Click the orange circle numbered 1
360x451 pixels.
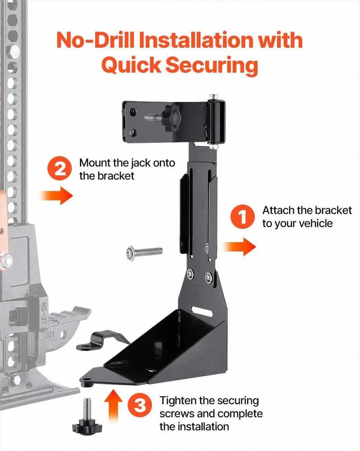click(242, 217)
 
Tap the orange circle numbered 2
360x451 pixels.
click(60, 169)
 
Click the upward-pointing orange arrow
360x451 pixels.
click(114, 405)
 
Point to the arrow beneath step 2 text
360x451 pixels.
click(56, 196)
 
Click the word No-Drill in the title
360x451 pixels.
click(95, 40)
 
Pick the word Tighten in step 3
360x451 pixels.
click(178, 400)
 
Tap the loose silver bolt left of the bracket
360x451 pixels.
click(144, 252)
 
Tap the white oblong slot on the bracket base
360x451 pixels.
click(203, 311)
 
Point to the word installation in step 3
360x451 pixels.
click(208, 427)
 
